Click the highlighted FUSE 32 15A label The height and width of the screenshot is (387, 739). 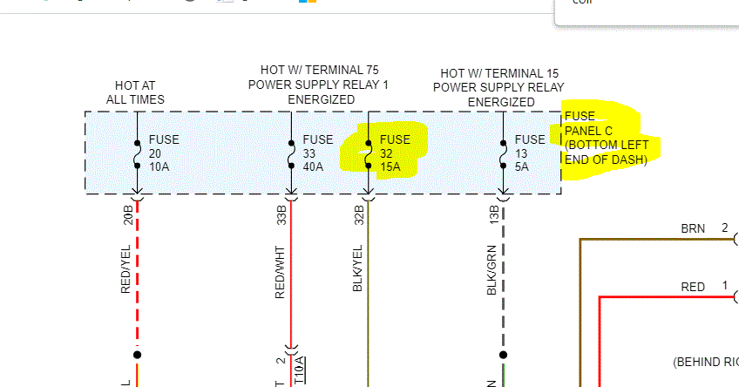[394, 152]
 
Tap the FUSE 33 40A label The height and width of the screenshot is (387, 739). [317, 152]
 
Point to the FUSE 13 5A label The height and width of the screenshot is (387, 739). [530, 152]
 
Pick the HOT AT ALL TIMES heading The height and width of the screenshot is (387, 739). [135, 92]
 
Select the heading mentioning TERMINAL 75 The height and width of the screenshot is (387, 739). [319, 85]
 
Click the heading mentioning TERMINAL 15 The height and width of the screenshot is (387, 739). [500, 87]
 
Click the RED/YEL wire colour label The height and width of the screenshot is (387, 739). [127, 271]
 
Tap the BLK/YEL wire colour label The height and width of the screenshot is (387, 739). [357, 272]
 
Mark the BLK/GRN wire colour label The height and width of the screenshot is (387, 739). [493, 272]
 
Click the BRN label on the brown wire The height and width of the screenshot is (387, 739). [693, 228]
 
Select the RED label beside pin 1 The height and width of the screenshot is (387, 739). [693, 287]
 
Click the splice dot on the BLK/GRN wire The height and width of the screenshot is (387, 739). [503, 355]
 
